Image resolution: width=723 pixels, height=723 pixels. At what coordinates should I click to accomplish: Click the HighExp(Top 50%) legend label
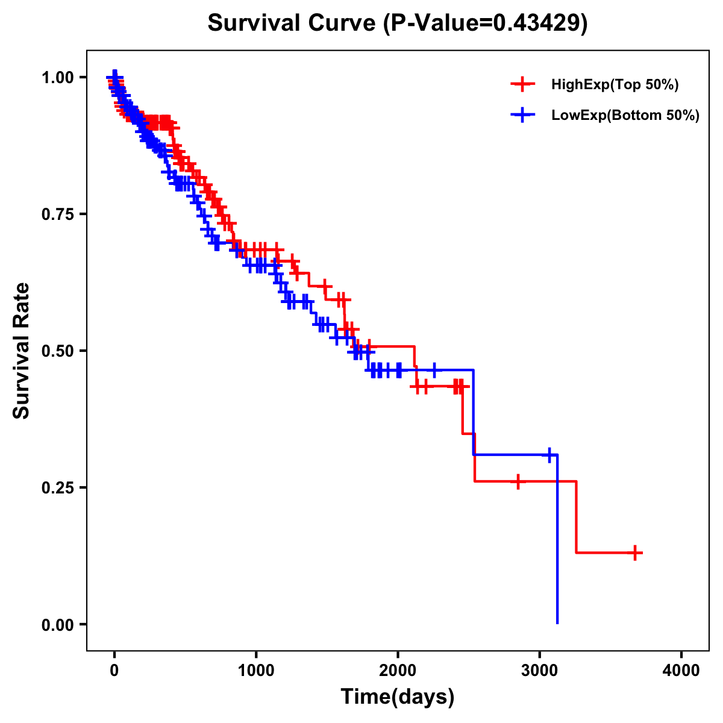click(x=615, y=85)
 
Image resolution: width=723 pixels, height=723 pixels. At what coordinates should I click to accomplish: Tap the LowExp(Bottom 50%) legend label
click(x=625, y=116)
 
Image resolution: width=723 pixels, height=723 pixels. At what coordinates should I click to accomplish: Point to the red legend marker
click(x=522, y=84)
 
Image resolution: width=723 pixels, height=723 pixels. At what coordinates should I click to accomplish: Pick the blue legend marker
click(x=522, y=115)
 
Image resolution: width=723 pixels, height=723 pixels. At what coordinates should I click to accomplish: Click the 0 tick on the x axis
click(x=114, y=671)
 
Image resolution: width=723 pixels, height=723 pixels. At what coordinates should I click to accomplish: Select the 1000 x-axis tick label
click(x=256, y=671)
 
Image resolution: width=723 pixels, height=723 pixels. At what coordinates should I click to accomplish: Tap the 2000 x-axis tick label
click(x=398, y=671)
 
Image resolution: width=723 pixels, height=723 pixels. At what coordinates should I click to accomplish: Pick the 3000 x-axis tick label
click(x=540, y=671)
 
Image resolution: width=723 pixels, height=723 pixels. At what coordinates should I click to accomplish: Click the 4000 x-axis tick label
click(x=681, y=671)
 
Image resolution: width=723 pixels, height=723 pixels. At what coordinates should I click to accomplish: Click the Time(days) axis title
click(x=398, y=696)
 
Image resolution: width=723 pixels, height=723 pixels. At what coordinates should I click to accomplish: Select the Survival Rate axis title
click(x=22, y=351)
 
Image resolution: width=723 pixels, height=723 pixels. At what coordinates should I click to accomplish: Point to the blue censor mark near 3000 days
click(x=549, y=455)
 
